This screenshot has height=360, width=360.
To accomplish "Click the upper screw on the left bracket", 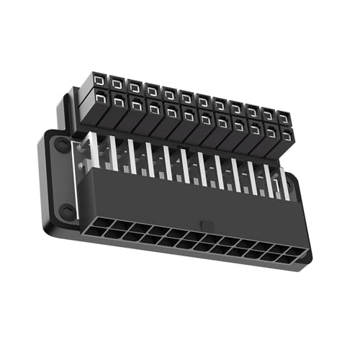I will coord(63,146).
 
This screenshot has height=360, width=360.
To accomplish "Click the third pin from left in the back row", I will coord(135,88).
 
